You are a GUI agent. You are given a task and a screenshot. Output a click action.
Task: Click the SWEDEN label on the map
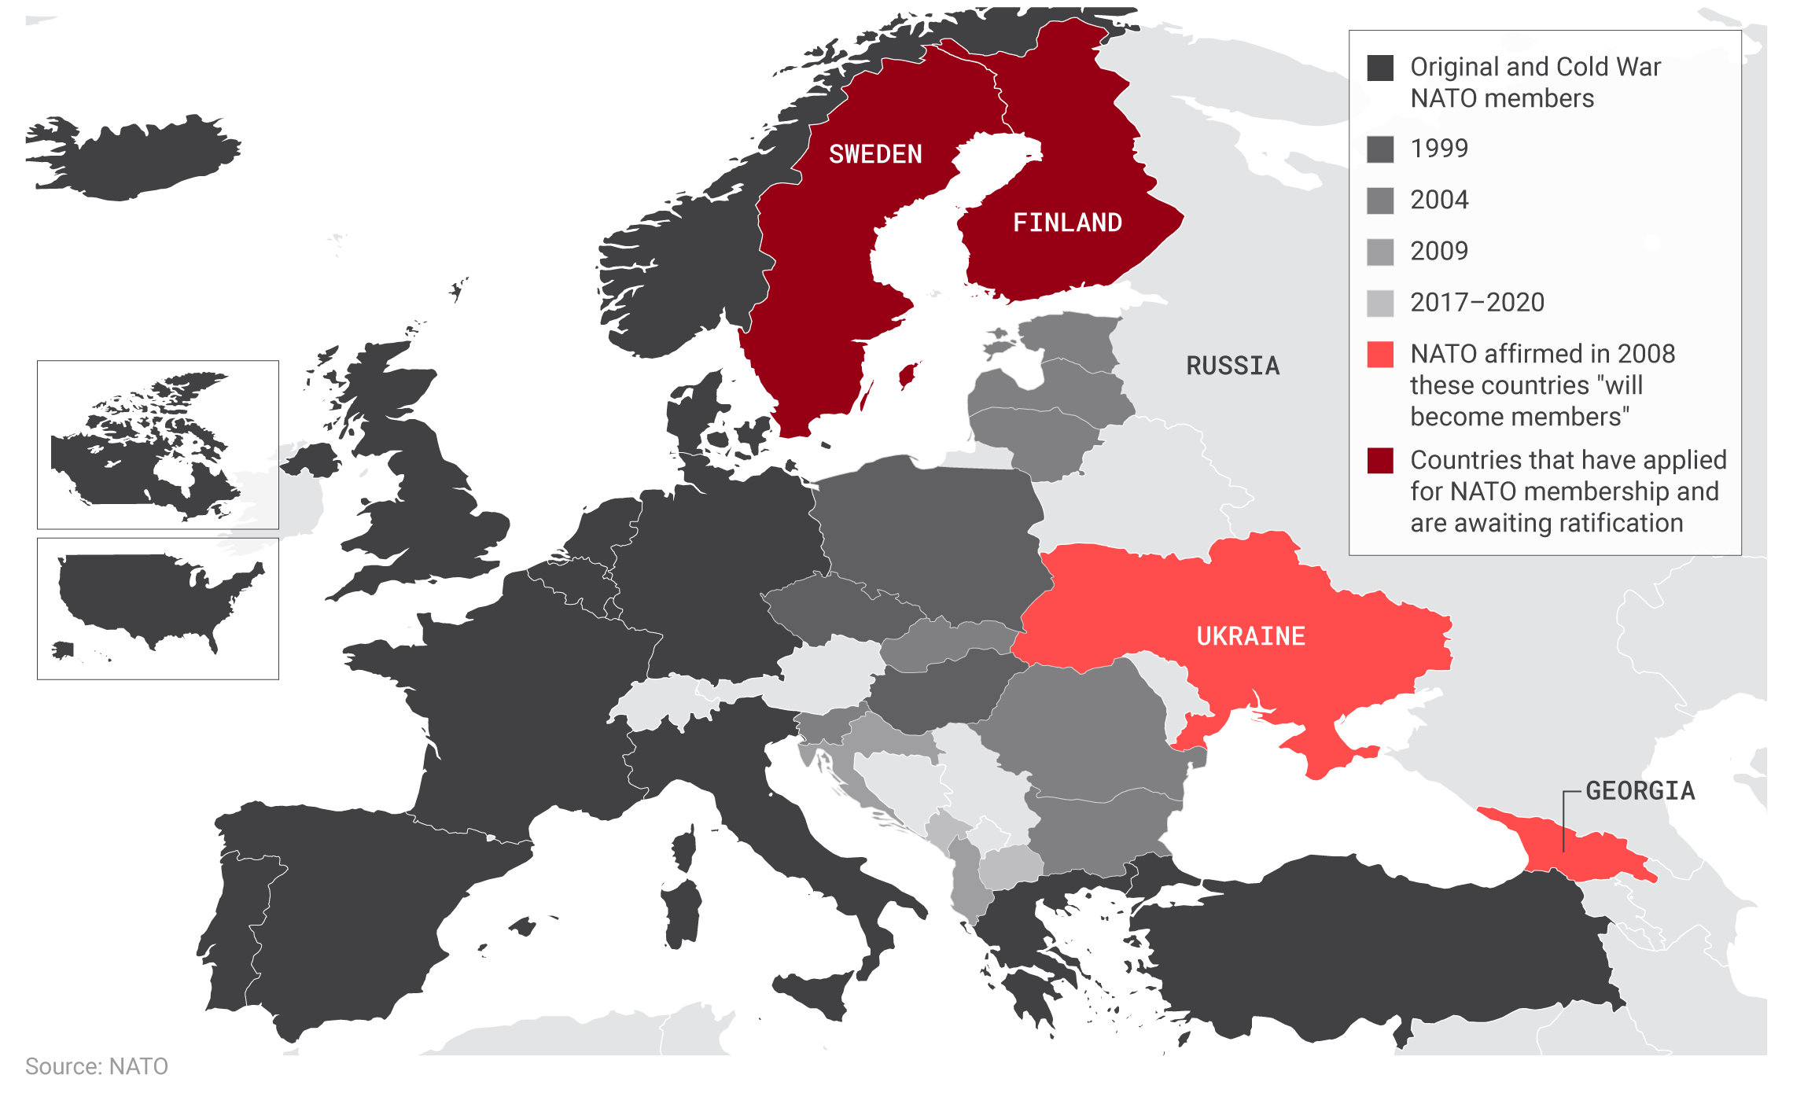[x=875, y=154]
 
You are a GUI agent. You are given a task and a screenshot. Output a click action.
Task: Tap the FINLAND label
[x=1067, y=223]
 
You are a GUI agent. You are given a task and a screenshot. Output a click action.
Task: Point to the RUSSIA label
[x=1232, y=366]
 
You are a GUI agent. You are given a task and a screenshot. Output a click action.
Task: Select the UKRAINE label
[x=1250, y=635]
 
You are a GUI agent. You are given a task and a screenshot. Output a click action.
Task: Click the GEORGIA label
[x=1640, y=790]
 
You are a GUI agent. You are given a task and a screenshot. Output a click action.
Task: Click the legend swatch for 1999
[x=1380, y=149]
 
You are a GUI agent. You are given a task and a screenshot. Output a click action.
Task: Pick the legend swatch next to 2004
[x=1380, y=200]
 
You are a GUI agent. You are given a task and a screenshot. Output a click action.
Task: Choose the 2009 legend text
[x=1439, y=251]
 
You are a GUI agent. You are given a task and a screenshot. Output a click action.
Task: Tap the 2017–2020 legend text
[x=1477, y=302]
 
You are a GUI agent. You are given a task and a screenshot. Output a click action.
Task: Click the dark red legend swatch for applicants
[x=1380, y=460]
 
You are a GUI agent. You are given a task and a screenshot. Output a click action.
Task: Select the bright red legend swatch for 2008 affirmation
[x=1380, y=354]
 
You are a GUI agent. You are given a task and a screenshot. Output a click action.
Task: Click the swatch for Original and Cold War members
[x=1380, y=68]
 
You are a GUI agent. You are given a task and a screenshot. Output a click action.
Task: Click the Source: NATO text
[x=96, y=1066]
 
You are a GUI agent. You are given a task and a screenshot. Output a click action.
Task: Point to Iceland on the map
[x=134, y=161]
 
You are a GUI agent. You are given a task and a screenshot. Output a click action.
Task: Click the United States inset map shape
[x=149, y=598]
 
